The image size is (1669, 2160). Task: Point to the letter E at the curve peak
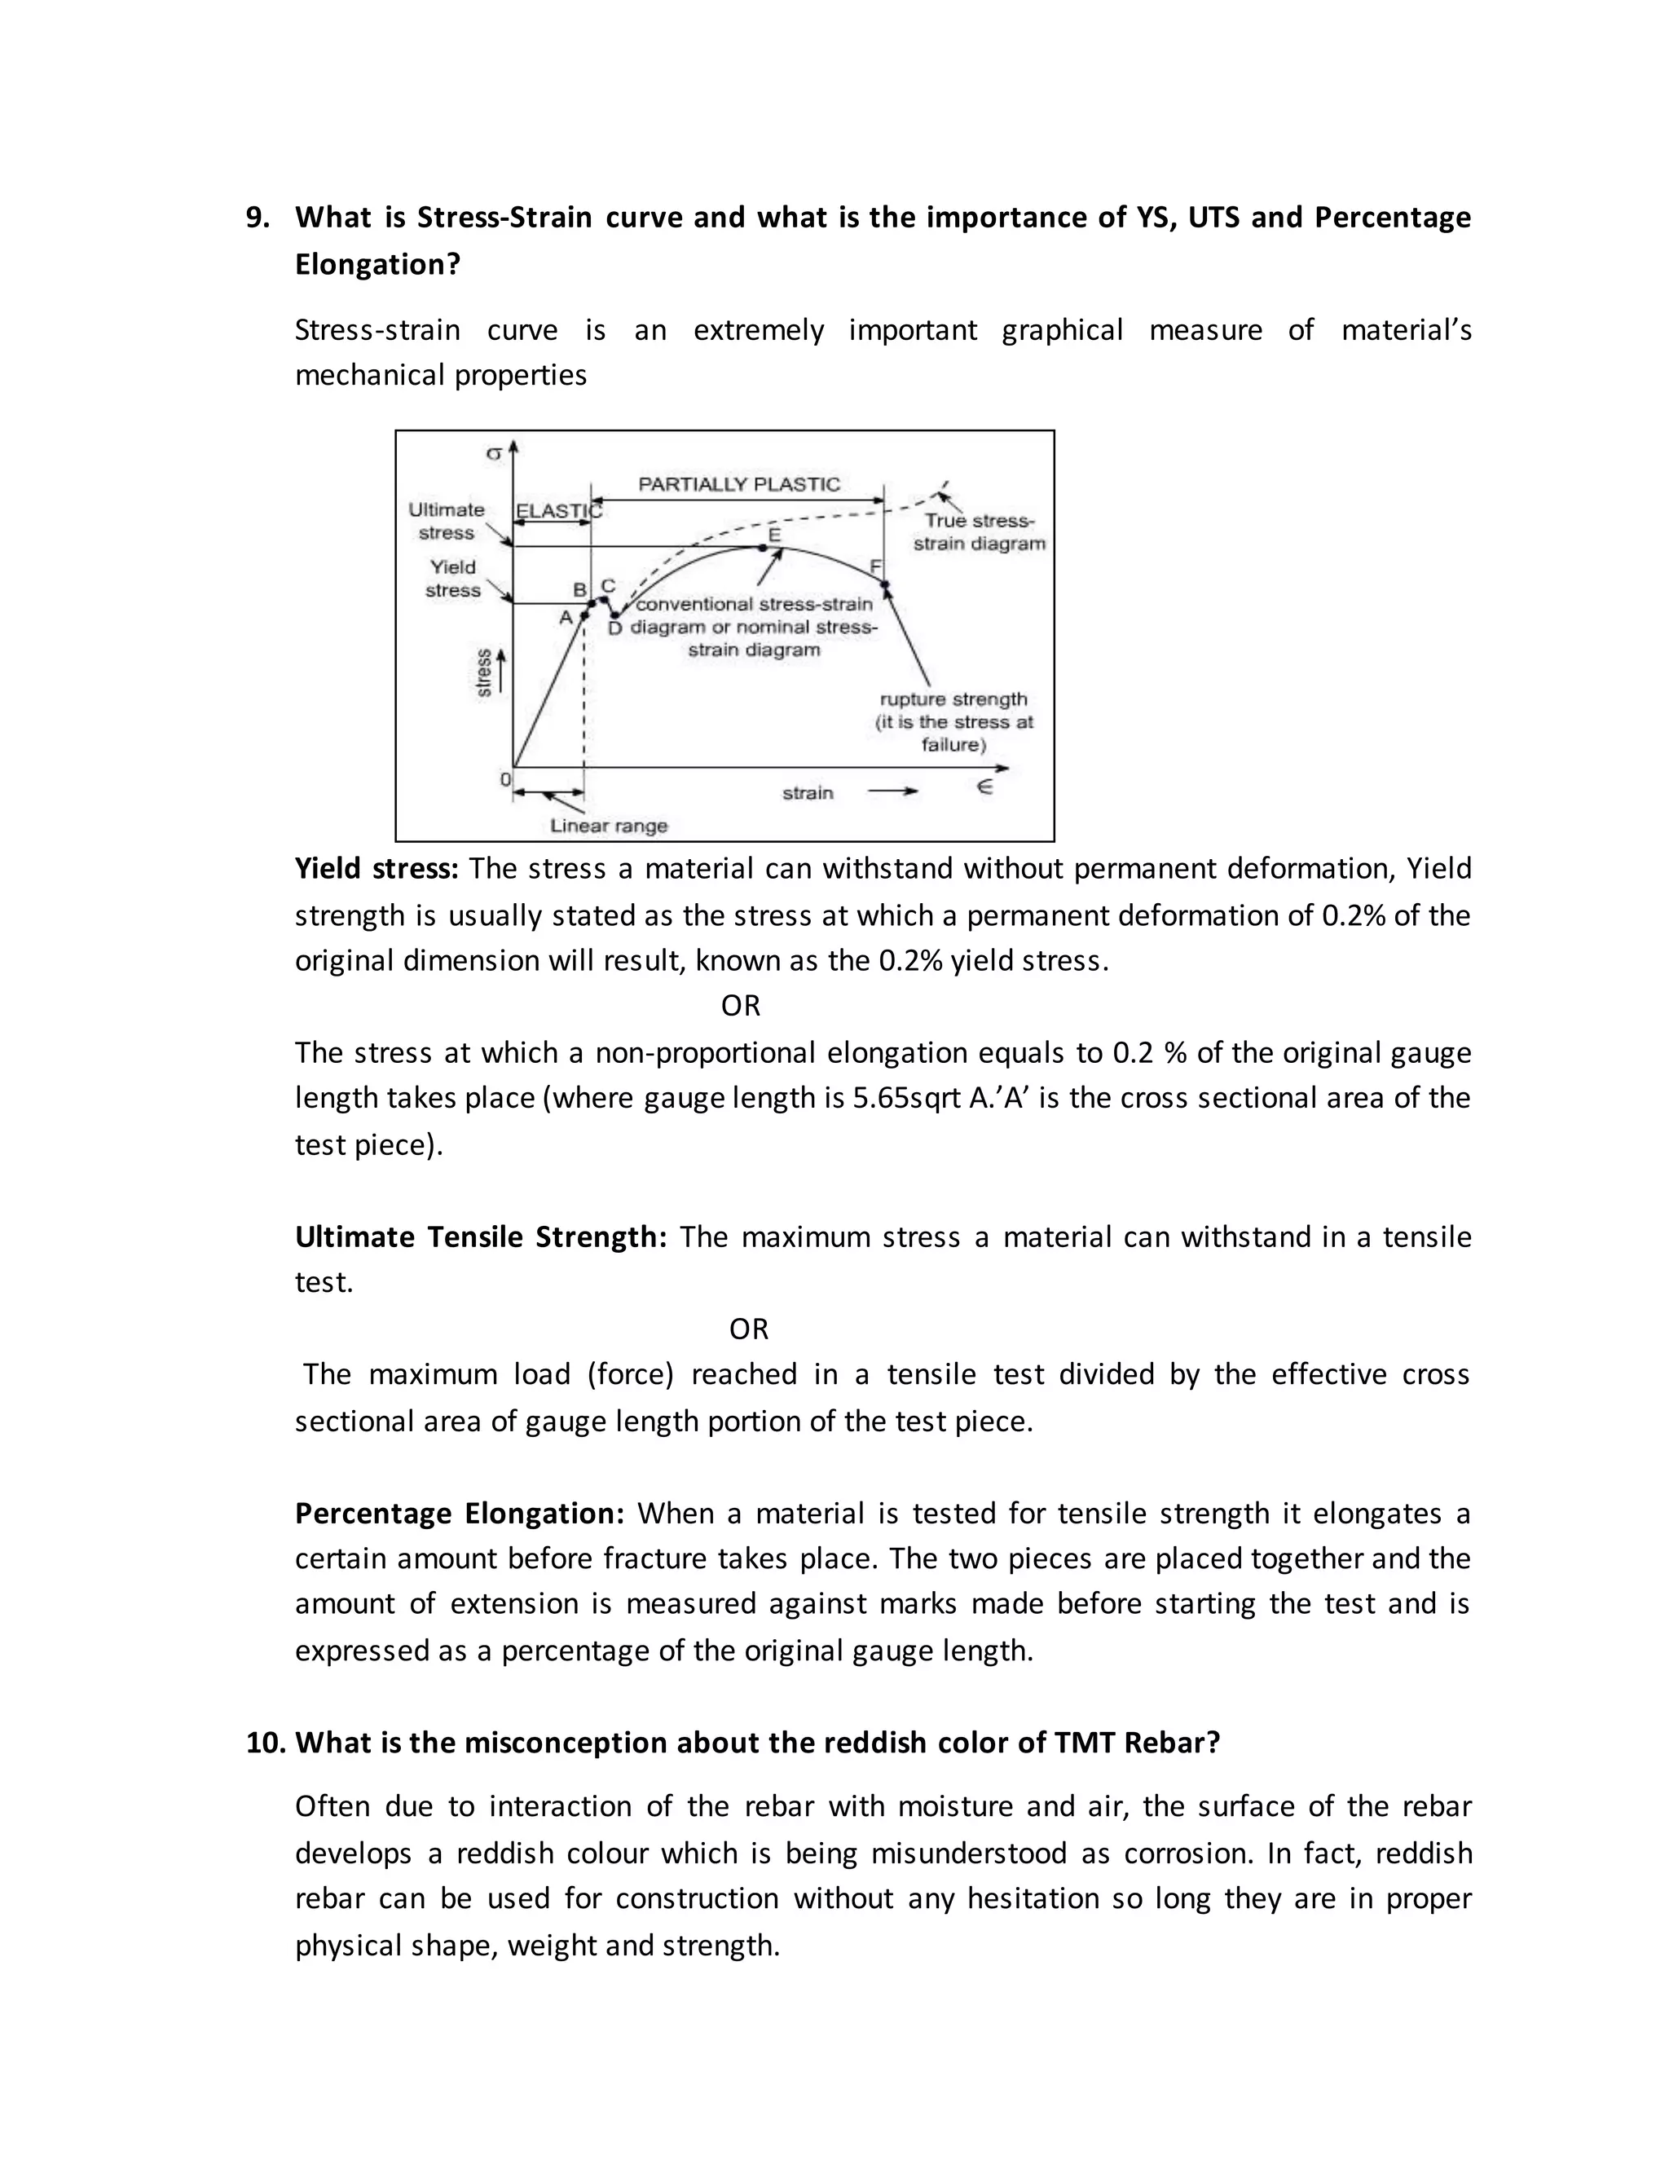[774, 534]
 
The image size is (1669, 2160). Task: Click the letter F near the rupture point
[874, 566]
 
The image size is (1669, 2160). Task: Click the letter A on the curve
[566, 617]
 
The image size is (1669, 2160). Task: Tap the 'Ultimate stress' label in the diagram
[446, 521]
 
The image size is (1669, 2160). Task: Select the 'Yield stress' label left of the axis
[451, 579]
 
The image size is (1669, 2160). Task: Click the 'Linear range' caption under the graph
[609, 826]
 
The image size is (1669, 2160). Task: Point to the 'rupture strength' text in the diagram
[953, 699]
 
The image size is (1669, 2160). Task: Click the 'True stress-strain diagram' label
[979, 532]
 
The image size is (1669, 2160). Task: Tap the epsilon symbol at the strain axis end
[984, 787]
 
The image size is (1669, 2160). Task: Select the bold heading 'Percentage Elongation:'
[460, 1513]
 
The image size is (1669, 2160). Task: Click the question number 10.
[265, 1743]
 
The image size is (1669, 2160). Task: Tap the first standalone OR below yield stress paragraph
[741, 1006]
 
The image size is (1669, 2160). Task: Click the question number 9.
[257, 218]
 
